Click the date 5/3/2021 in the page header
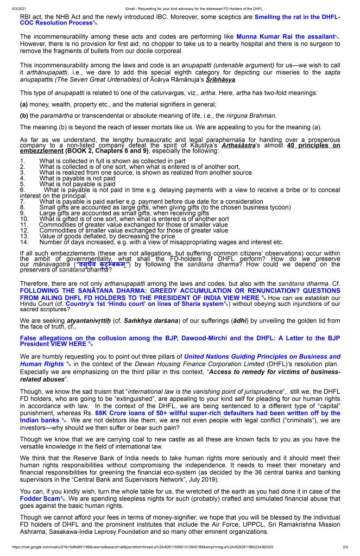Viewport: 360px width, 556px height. pyautogui.click(x=10, y=5)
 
